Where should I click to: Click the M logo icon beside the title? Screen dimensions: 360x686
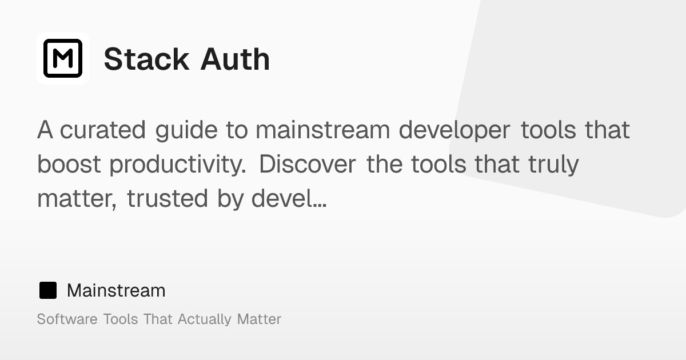point(63,58)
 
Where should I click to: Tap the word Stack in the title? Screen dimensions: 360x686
point(146,59)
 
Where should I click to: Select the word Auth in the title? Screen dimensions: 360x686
point(235,59)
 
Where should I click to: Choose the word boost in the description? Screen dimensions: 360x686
point(69,165)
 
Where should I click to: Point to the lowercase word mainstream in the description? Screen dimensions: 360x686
point(322,130)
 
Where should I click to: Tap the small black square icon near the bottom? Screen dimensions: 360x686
point(48,290)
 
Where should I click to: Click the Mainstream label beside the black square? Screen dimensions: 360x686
point(116,290)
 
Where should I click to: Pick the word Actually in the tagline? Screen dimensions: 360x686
point(205,319)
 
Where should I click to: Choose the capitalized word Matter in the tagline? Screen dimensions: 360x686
point(259,319)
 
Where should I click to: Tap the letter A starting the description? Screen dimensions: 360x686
point(45,130)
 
